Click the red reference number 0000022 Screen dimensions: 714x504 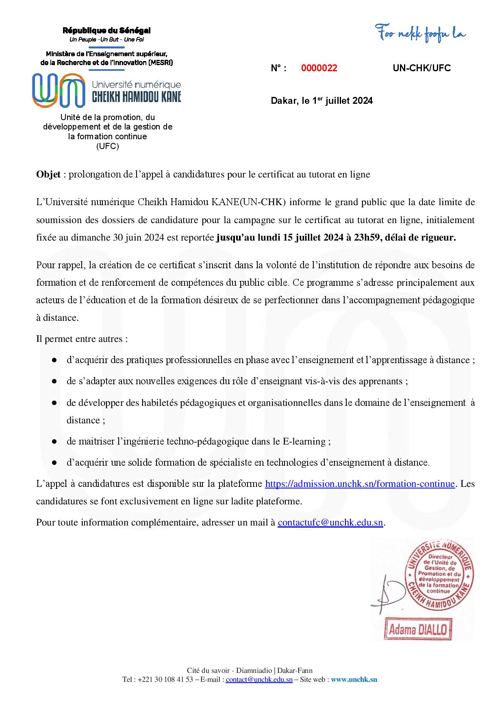(319, 68)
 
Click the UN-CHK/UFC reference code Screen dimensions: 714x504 (421, 68)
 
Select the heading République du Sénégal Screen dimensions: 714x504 (106, 31)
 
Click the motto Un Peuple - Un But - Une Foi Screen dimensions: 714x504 (106, 39)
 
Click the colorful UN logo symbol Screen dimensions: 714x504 (59, 90)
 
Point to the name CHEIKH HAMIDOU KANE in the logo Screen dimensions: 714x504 (137, 97)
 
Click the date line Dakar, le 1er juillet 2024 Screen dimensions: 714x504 (322, 101)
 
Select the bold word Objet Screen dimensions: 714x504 (48, 175)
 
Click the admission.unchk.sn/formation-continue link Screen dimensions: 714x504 (360, 484)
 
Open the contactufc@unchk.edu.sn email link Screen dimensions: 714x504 (330, 523)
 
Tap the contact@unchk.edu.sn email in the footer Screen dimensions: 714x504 (259, 679)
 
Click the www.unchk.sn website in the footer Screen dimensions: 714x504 (354, 679)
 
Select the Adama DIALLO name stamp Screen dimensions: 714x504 (418, 631)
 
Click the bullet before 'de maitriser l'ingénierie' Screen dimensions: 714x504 (54, 442)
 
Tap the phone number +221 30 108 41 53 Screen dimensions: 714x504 (165, 679)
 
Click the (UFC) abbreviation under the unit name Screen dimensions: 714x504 (108, 147)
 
